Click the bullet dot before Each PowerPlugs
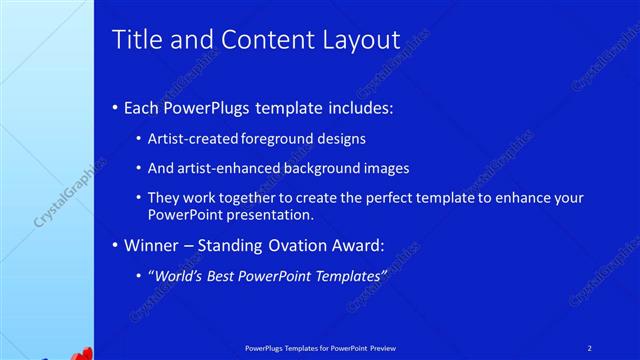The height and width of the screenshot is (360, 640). click(116, 106)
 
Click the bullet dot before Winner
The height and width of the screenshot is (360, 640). click(116, 244)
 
